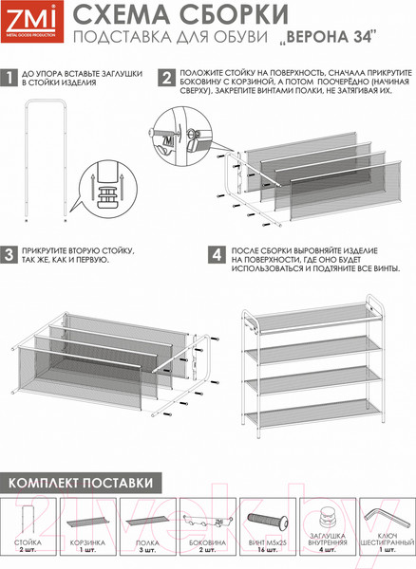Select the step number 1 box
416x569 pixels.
pyautogui.click(x=9, y=80)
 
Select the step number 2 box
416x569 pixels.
pyautogui.click(x=166, y=79)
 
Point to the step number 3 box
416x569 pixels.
pyautogui.click(x=9, y=255)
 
